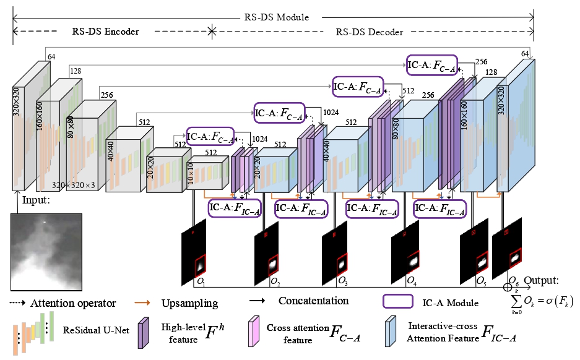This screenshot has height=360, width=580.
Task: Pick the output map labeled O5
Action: [x=474, y=254]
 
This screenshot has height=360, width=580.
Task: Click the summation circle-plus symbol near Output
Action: [x=508, y=287]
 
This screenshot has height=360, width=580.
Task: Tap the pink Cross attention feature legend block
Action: [x=253, y=330]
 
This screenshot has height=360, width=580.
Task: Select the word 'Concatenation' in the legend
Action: [x=313, y=301]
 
